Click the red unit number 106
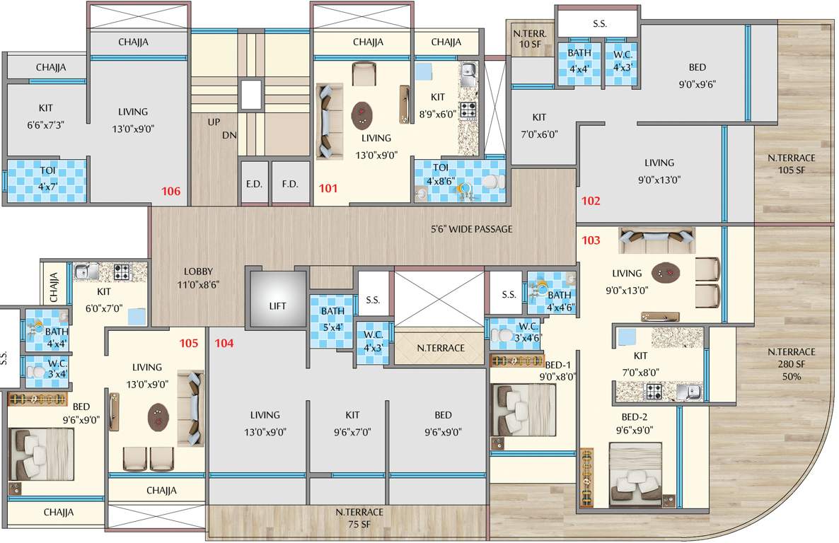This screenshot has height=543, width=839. click(x=171, y=191)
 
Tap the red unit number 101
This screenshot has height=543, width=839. click(x=328, y=189)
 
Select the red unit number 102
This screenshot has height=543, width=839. click(x=591, y=200)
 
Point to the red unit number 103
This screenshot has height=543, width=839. click(x=591, y=240)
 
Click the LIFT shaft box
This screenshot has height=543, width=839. click(x=277, y=305)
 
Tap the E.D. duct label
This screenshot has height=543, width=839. click(x=254, y=184)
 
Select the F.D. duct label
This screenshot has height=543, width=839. click(x=290, y=184)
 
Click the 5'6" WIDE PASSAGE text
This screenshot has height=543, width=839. click(x=472, y=229)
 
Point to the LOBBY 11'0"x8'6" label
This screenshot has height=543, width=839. click(x=198, y=277)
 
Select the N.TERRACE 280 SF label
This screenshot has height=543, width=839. click(x=792, y=363)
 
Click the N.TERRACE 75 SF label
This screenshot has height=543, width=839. click(x=359, y=518)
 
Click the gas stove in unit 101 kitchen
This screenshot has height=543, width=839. click(x=468, y=110)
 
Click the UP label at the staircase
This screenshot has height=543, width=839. click(x=213, y=122)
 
